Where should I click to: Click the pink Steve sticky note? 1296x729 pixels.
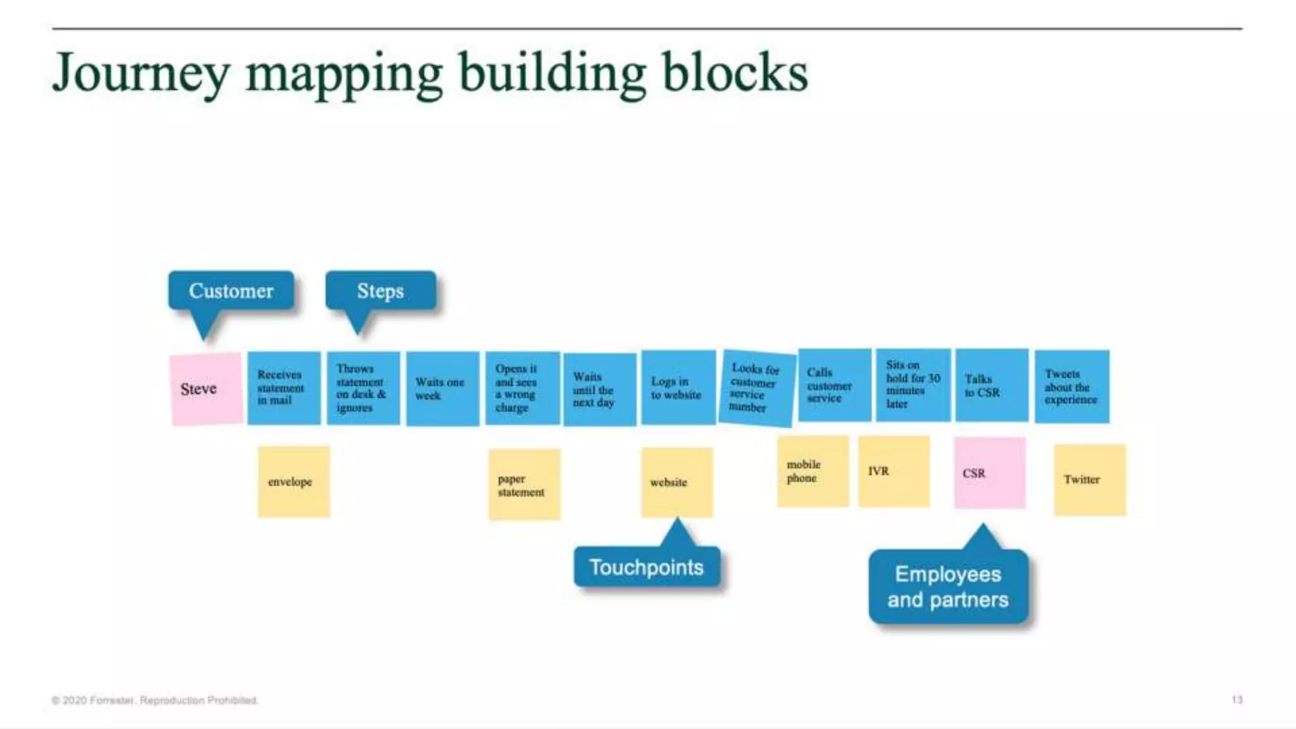pyautogui.click(x=206, y=389)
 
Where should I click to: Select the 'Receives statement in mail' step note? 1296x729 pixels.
pyautogui.click(x=283, y=388)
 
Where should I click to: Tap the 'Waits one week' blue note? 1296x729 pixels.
pyautogui.click(x=442, y=389)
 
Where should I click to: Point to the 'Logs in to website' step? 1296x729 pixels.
pyautogui.click(x=678, y=387)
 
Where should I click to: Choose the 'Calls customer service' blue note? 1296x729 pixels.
pyautogui.click(x=834, y=385)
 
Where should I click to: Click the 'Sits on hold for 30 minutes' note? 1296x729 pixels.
pyautogui.click(x=913, y=385)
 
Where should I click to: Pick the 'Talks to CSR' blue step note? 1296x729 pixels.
pyautogui.click(x=991, y=385)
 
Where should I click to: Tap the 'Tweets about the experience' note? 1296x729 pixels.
pyautogui.click(x=1071, y=386)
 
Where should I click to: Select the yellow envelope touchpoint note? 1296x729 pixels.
pyautogui.click(x=294, y=482)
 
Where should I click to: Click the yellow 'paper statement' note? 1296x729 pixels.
pyautogui.click(x=524, y=485)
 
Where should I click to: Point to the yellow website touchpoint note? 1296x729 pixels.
pyautogui.click(x=676, y=482)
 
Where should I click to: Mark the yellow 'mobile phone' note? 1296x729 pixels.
pyautogui.click(x=813, y=471)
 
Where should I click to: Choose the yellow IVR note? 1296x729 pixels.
pyautogui.click(x=894, y=471)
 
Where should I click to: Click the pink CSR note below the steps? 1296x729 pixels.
pyautogui.click(x=989, y=473)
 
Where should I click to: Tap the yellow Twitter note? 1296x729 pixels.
pyautogui.click(x=1089, y=480)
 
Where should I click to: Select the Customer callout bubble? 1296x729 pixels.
pyautogui.click(x=231, y=290)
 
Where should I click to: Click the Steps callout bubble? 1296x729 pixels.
pyautogui.click(x=380, y=290)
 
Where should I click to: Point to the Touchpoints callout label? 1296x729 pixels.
pyautogui.click(x=646, y=567)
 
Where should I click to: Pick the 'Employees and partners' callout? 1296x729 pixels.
pyautogui.click(x=947, y=587)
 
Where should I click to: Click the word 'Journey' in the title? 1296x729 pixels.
pyautogui.click(x=140, y=73)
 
